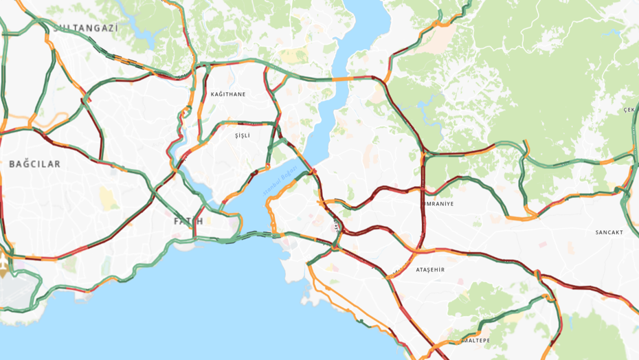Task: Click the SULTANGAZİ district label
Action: click(x=85, y=28)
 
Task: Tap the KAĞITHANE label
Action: click(x=227, y=94)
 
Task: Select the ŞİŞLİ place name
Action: click(x=243, y=135)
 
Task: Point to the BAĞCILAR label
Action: click(x=34, y=164)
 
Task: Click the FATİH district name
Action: click(x=188, y=221)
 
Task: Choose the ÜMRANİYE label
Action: click(x=439, y=204)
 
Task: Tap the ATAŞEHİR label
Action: click(x=430, y=270)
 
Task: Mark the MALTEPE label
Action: click(x=474, y=341)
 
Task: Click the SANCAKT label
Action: click(x=609, y=232)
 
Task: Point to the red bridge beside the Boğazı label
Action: click(x=311, y=170)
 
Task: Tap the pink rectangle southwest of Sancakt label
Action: click(x=543, y=245)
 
